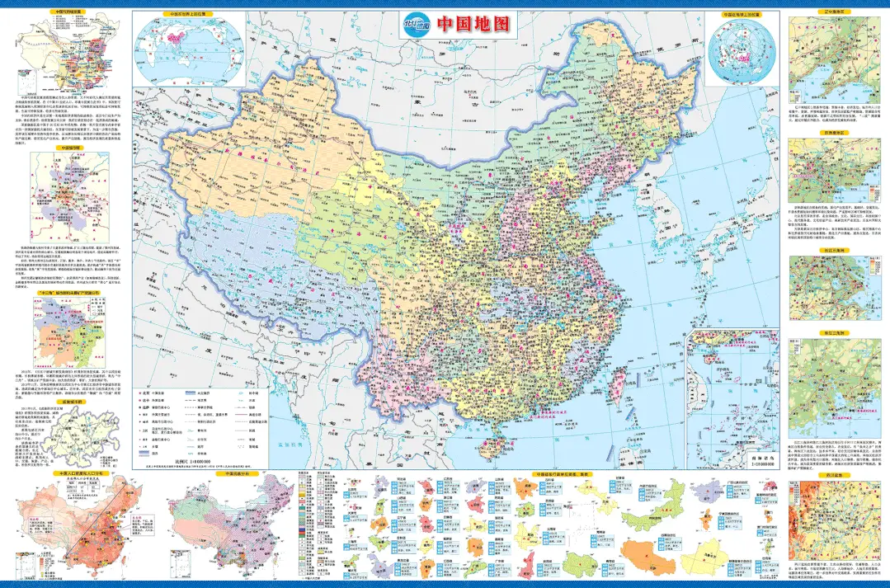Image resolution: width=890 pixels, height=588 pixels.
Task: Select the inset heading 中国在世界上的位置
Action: tap(187, 14)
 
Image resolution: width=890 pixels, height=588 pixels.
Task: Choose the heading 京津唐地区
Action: tap(825, 131)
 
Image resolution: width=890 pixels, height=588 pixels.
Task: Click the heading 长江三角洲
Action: tap(825, 250)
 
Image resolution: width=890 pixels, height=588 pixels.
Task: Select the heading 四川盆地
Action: tap(825, 476)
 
